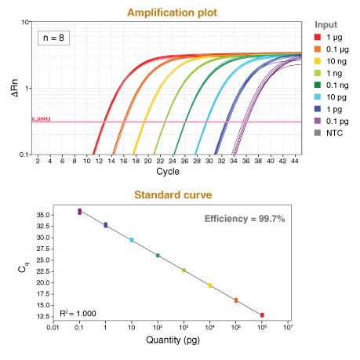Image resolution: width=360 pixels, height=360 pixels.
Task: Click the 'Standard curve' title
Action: [x=167, y=195]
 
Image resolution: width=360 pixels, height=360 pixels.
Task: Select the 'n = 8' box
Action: [x=53, y=37]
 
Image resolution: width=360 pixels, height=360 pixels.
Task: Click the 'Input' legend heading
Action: [x=325, y=24]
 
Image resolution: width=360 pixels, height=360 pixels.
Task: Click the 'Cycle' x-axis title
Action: [x=167, y=171]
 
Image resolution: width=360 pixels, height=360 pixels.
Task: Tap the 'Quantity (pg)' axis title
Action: [x=171, y=340]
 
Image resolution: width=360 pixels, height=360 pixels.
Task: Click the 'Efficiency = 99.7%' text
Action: [x=244, y=218]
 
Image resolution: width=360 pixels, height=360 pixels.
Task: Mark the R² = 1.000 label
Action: [x=78, y=313]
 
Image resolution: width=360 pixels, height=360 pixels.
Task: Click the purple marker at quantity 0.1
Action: [x=79, y=211]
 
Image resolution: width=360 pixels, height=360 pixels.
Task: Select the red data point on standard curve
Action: [x=262, y=315]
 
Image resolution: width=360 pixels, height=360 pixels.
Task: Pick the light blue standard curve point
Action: [x=131, y=240]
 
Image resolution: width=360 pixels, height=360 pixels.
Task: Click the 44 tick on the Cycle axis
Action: [x=295, y=160]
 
